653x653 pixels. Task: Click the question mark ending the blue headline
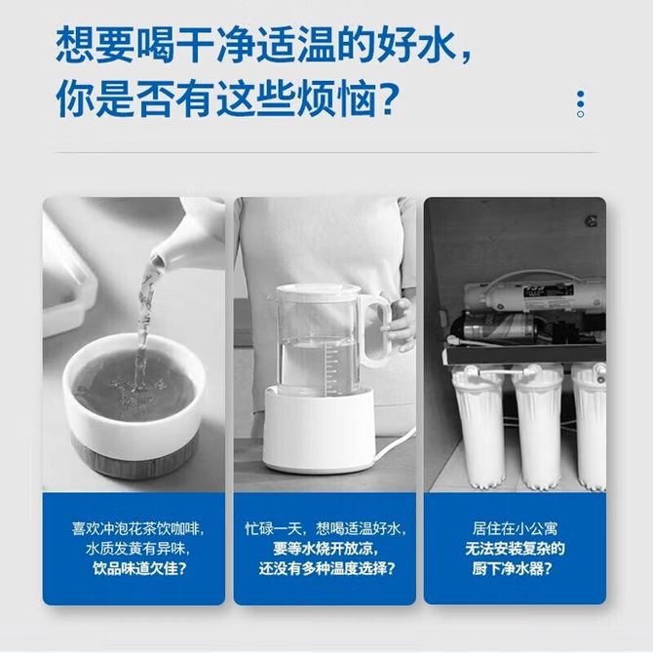coord(387,100)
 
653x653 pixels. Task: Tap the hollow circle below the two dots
coord(580,114)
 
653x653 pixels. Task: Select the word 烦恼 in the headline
coord(336,100)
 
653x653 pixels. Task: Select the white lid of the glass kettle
coord(319,290)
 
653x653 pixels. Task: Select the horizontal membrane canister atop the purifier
coord(536,296)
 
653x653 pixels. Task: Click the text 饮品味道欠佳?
coord(139,568)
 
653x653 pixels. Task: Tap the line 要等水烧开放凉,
coord(326,548)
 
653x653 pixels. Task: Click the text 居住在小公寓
coord(515,528)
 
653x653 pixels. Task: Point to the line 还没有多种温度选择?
coord(326,568)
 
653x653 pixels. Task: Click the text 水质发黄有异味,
coord(137,549)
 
